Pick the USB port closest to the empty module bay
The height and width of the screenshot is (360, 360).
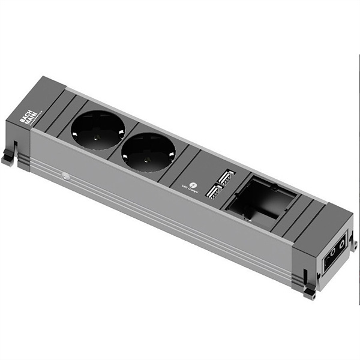[226, 177]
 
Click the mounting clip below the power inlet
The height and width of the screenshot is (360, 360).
[310, 292]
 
